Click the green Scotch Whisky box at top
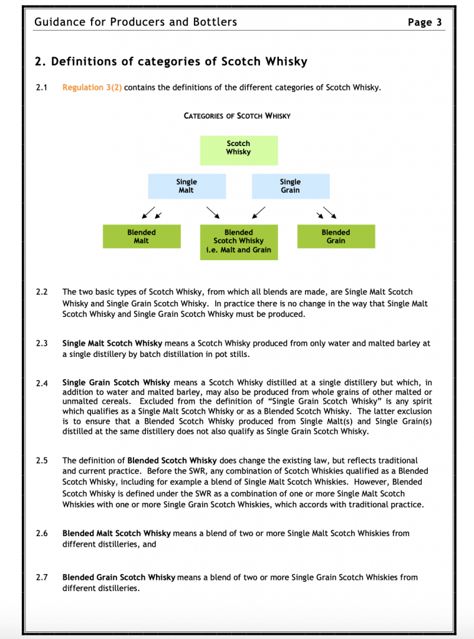[238, 150]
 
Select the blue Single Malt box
[186, 186]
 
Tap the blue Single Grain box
[290, 186]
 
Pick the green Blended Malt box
[142, 237]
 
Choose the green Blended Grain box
[336, 237]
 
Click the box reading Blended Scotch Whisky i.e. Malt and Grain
[238, 241]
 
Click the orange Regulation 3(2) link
[92, 87]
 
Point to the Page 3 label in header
[425, 22]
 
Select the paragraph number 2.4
[42, 383]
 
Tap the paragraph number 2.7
[42, 578]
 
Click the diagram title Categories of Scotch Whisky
[237, 116]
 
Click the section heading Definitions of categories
[171, 62]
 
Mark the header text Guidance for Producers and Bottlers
[136, 22]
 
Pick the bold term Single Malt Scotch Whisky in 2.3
[112, 344]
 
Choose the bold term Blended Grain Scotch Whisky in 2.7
[119, 578]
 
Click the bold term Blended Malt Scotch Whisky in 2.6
[117, 534]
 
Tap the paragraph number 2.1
[42, 87]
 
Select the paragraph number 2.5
[42, 461]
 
